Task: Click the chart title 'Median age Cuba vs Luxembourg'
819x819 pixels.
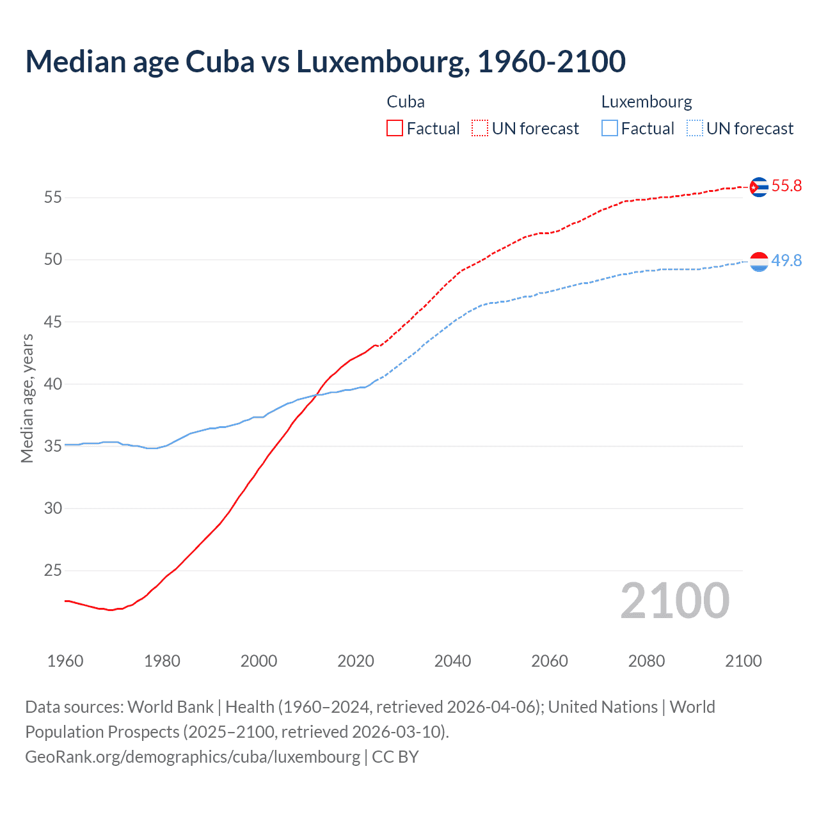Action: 325,61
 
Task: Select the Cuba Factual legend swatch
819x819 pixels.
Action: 395,129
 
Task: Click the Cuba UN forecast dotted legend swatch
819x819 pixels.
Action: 480,129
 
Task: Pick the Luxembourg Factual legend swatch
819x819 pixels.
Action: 610,129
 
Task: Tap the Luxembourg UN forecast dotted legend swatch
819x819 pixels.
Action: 694,129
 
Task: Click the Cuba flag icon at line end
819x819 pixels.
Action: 758,187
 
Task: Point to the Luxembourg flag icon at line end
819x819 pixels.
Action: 758,262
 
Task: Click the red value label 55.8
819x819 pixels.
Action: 786,186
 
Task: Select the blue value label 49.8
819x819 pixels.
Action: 786,261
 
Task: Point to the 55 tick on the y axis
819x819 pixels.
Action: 53,198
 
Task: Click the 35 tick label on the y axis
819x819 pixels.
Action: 53,446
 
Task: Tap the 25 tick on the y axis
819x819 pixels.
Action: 53,570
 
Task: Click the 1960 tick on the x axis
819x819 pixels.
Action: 65,661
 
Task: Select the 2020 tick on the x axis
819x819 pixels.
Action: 356,661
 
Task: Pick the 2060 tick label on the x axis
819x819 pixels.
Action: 550,661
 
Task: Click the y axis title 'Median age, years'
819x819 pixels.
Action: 27,398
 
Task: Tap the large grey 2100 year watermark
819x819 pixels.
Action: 675,601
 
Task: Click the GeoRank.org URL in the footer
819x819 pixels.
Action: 193,757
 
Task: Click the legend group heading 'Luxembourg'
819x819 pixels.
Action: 646,102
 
